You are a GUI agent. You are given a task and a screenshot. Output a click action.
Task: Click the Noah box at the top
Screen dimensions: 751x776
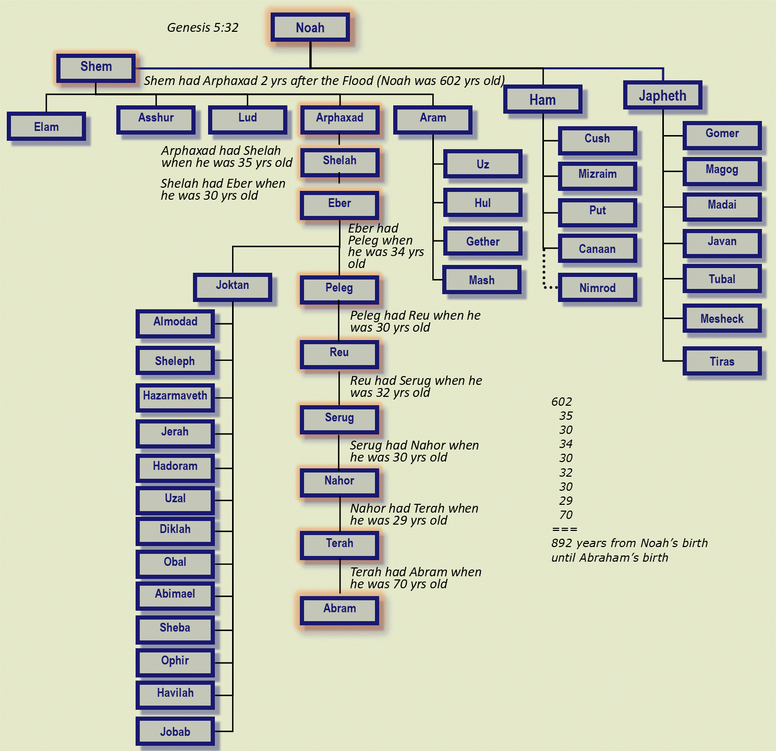[310, 28]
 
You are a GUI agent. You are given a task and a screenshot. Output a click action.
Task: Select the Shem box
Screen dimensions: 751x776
[96, 67]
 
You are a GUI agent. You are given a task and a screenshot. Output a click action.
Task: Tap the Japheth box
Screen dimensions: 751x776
[662, 96]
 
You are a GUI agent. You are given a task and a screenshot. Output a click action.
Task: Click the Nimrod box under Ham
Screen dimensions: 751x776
[597, 288]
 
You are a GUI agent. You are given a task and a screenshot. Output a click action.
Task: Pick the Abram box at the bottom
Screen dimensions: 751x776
[339, 609]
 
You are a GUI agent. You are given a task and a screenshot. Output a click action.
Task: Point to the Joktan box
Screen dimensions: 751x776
[233, 286]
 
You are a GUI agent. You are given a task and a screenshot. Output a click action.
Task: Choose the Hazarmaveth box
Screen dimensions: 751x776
[175, 396]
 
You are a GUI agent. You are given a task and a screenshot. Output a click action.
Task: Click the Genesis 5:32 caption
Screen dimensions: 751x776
[202, 28]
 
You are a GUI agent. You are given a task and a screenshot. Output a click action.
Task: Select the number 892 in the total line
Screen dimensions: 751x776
[562, 543]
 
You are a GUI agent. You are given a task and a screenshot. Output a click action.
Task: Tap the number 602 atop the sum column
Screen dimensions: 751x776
[562, 402]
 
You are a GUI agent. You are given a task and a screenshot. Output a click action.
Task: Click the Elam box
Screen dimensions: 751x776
[46, 127]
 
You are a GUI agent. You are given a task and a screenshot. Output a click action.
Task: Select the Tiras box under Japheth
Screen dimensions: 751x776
[722, 361]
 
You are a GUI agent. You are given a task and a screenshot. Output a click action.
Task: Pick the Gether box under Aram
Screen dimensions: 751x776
[482, 242]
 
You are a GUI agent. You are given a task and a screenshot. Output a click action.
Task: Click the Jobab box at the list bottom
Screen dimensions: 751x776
[175, 732]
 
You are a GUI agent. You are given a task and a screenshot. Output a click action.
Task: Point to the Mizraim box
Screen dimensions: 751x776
[597, 175]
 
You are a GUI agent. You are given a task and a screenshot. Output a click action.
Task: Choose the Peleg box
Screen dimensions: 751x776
[339, 288]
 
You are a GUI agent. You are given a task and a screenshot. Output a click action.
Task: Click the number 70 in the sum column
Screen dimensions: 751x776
[566, 515]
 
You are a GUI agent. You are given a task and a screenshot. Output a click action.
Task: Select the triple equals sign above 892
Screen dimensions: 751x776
[564, 529]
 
